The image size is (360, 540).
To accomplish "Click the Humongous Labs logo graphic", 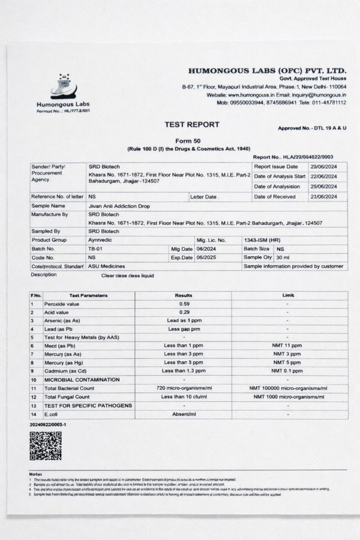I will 63,87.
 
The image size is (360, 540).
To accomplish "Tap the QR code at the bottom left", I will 46,445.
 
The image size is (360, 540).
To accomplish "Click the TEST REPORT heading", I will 192,125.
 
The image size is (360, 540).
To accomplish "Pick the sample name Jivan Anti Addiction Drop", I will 118,205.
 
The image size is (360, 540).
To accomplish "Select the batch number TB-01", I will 95,248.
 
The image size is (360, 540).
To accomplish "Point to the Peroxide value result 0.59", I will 184,304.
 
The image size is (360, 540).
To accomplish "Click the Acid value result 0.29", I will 184,312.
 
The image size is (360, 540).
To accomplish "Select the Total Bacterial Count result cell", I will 184,388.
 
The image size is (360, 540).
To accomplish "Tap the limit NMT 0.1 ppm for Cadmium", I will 288,371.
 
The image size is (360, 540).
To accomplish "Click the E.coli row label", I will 53,415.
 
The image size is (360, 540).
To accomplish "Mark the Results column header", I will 184,295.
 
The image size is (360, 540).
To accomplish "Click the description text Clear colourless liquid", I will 127,275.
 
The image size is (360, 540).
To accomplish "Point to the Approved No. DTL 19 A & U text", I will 312,128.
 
